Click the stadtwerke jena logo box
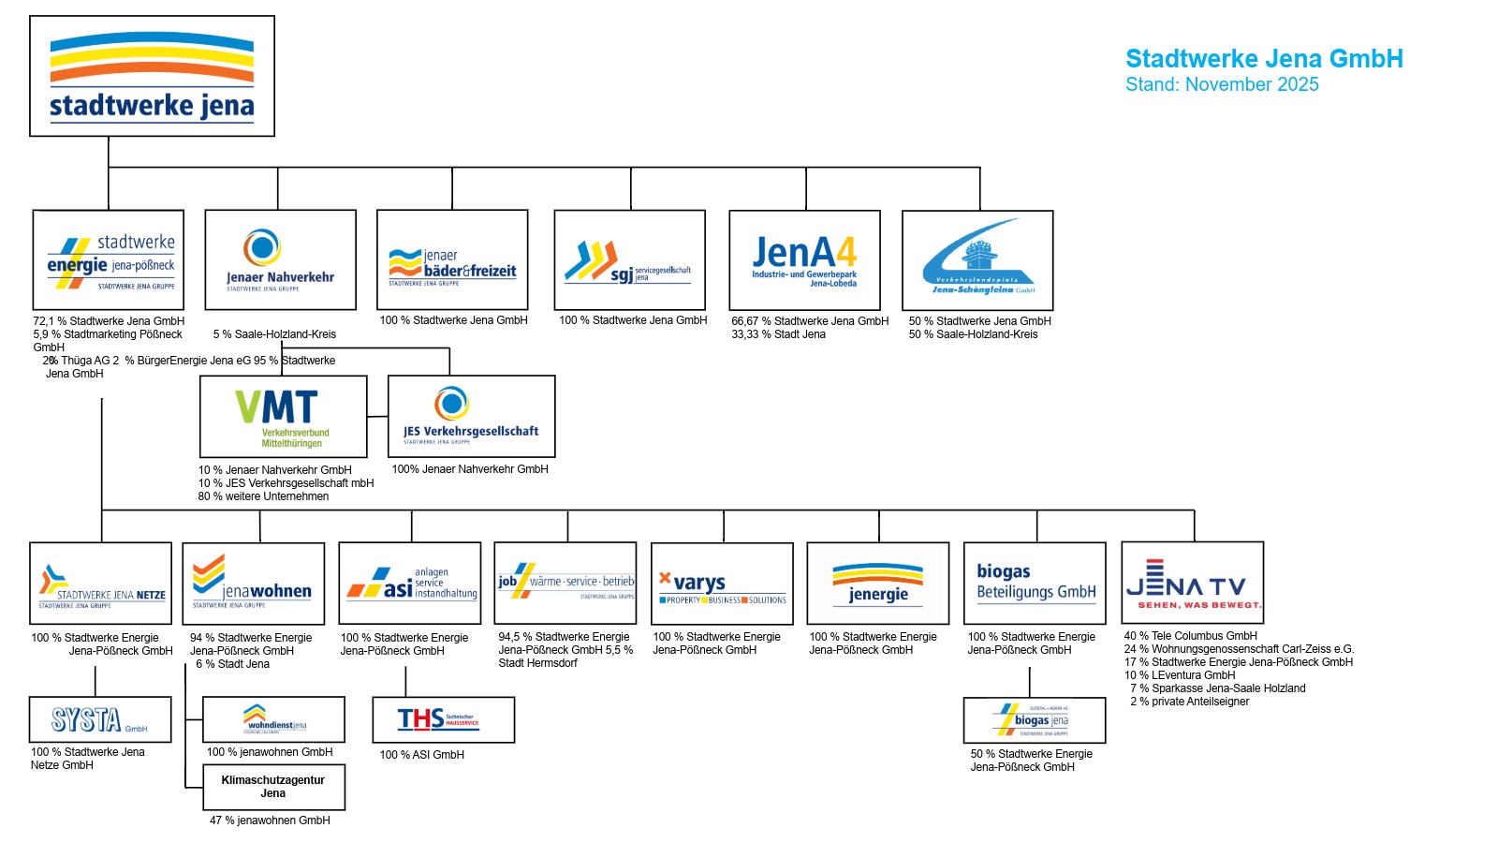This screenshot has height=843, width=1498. tap(152, 76)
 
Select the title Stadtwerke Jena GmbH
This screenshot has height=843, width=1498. tap(1264, 59)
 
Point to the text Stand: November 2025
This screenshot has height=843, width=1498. tap(1222, 84)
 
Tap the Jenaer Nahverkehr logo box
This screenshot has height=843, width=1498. tap(280, 259)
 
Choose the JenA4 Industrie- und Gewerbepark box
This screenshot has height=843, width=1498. tap(804, 260)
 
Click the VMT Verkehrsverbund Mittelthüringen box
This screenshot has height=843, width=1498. tap(283, 417)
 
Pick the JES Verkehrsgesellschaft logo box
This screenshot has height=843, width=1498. tap(471, 417)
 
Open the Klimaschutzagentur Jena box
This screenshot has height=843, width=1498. tap(273, 787)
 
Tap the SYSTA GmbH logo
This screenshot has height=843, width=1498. tap(100, 719)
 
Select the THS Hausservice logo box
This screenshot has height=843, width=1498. tap(443, 719)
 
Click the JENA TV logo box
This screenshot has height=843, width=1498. tap(1192, 583)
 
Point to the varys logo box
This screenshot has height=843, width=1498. tap(722, 584)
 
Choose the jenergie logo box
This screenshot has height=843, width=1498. tap(877, 584)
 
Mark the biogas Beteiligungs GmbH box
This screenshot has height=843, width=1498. tap(1035, 584)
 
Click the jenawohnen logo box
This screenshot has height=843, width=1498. tap(253, 584)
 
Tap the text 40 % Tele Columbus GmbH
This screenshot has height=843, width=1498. tap(1190, 636)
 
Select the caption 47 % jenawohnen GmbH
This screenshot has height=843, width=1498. tap(270, 821)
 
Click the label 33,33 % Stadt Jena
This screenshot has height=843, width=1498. tap(778, 334)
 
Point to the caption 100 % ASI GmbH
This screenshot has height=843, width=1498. tap(421, 755)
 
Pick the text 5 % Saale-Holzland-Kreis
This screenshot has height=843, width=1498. tap(274, 334)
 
